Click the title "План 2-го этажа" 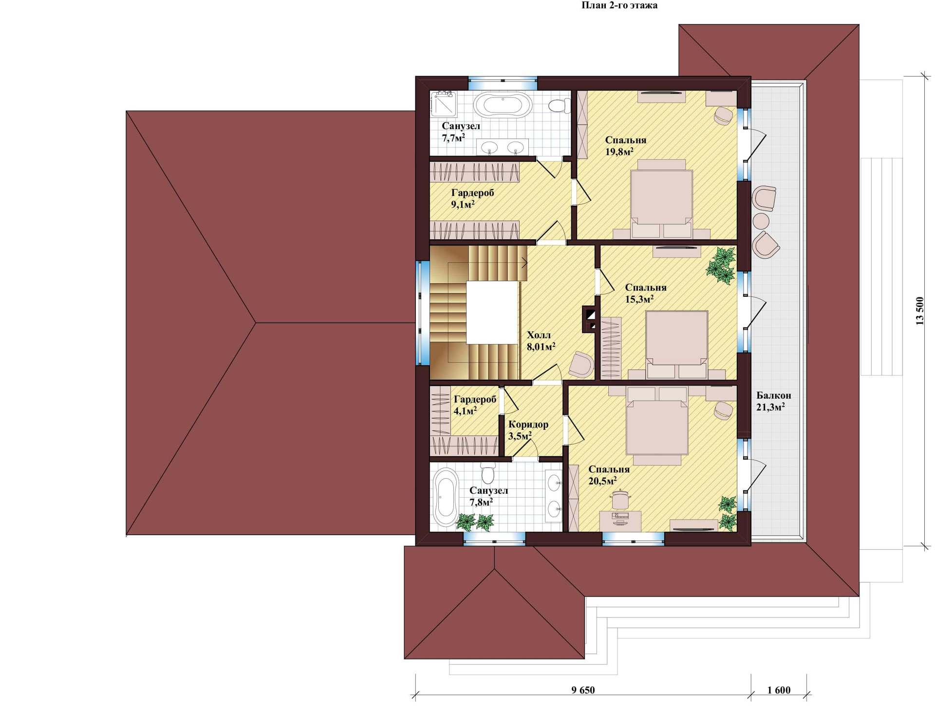619,6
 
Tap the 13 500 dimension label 919,311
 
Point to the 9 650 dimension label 583,690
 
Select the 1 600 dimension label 779,690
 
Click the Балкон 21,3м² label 773,401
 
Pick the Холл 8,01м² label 541,341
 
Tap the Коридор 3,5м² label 528,430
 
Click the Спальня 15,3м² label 646,293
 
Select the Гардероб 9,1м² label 472,198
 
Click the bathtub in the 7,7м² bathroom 504,105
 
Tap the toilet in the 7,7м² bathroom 560,105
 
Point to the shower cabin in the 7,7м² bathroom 444,104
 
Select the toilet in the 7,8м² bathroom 488,472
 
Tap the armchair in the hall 581,365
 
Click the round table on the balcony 761,221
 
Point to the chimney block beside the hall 589,319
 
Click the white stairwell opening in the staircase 492,312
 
